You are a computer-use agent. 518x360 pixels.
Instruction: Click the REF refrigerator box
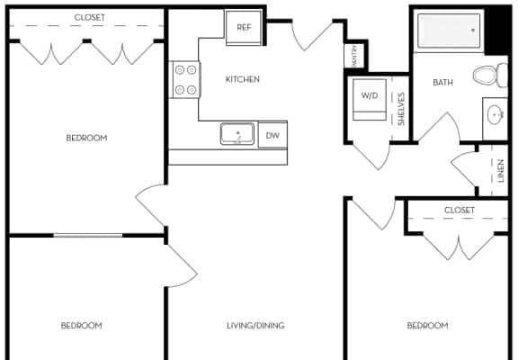click(x=244, y=27)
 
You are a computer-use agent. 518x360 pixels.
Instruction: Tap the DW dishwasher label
click(x=272, y=135)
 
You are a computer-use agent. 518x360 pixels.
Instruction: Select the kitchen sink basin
click(x=237, y=134)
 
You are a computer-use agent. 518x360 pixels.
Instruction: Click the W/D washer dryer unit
click(x=370, y=100)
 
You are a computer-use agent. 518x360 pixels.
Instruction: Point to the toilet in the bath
click(x=490, y=76)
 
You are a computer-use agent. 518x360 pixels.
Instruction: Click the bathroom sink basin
click(x=495, y=115)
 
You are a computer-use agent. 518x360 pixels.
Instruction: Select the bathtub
click(x=449, y=31)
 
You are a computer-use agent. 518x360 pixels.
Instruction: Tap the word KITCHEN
click(x=243, y=79)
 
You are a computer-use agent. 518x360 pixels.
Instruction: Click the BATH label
click(x=442, y=82)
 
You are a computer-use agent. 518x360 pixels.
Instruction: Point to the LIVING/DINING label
click(x=255, y=326)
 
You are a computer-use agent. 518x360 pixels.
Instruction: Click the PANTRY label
click(x=354, y=56)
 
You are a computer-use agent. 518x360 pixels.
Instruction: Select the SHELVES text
click(x=401, y=109)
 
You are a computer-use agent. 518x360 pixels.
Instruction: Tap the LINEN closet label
click(x=501, y=171)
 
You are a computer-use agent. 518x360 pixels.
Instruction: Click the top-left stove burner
click(x=179, y=70)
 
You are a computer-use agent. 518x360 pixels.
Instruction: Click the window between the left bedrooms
click(x=88, y=236)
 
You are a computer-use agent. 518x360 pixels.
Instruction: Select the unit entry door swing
click(x=312, y=36)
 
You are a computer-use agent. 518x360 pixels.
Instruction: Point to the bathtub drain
click(x=473, y=31)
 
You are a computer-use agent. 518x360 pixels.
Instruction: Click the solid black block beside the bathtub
click(x=497, y=31)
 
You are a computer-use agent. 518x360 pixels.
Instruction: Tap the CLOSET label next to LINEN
click(x=460, y=211)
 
